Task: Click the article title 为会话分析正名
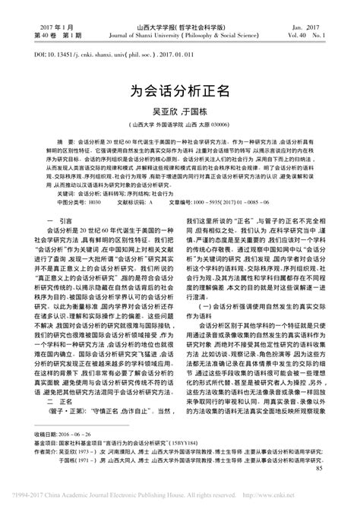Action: coord(180,90)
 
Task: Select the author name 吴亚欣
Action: coord(166,112)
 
